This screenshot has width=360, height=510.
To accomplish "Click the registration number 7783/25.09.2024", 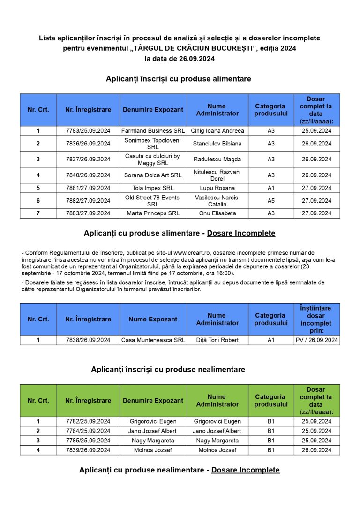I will (88, 131).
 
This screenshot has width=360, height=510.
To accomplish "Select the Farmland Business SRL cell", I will (153, 131).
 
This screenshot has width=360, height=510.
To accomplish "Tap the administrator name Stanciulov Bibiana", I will (217, 144).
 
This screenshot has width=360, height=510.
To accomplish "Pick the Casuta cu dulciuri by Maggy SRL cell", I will (153, 160).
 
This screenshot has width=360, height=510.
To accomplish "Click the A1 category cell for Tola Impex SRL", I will (271, 188).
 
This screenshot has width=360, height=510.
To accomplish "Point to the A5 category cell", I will (271, 201).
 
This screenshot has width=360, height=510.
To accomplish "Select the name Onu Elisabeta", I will (217, 213).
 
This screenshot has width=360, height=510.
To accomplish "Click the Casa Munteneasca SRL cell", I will (153, 340).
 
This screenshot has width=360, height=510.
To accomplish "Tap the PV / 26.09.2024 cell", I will (317, 340).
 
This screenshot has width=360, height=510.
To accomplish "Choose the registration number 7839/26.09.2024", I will (88, 450).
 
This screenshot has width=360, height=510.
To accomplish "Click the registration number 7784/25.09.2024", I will (88, 431).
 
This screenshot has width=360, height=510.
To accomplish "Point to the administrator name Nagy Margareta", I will (217, 441).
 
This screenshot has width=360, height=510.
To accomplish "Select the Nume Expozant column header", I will (153, 320).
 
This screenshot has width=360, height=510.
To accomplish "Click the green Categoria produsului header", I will (271, 401).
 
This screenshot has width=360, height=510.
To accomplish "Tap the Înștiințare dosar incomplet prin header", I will (317, 319).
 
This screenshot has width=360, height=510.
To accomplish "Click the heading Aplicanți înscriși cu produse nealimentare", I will (168, 370).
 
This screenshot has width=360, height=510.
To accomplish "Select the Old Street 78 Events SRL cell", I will (153, 201).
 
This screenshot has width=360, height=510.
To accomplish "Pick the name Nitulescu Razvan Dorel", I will (217, 175).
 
